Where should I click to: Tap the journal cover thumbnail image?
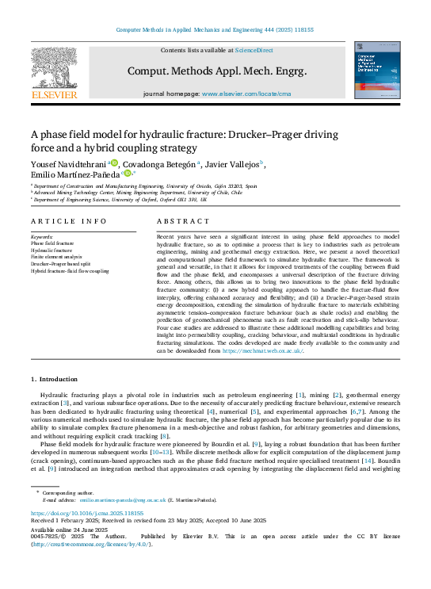pyautogui.click(x=377, y=71)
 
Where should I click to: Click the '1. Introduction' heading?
pyautogui.click(x=54, y=380)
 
